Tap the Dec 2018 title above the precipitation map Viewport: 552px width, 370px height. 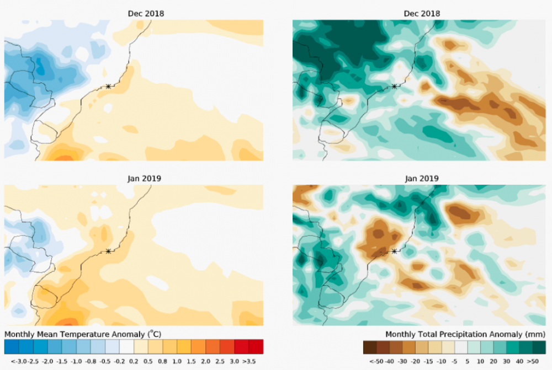422,13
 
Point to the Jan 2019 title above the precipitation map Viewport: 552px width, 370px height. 422,178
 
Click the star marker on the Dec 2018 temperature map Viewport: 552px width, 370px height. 109,86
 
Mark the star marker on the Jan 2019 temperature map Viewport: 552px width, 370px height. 109,251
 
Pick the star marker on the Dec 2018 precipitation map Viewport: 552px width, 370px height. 394,86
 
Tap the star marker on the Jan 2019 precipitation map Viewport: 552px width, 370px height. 394,251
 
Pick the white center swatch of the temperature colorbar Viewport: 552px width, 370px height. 126,347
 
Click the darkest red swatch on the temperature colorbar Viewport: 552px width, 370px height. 256,347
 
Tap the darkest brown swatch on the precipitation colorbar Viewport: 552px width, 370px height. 370,347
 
